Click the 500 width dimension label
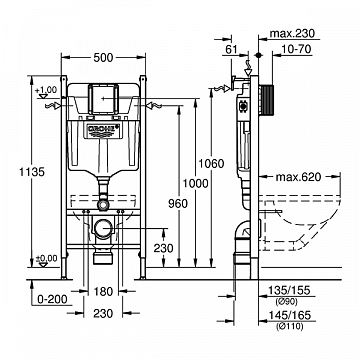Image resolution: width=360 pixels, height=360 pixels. [x=103, y=58]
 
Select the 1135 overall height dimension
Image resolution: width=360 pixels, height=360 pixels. [x=31, y=172]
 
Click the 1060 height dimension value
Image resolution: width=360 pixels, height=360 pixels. [x=211, y=164]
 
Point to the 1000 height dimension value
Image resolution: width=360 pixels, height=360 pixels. [x=195, y=183]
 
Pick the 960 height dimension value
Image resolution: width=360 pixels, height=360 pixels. [x=178, y=203]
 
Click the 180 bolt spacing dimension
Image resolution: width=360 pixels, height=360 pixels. [x=103, y=292]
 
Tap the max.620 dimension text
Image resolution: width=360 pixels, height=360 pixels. [x=298, y=177]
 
